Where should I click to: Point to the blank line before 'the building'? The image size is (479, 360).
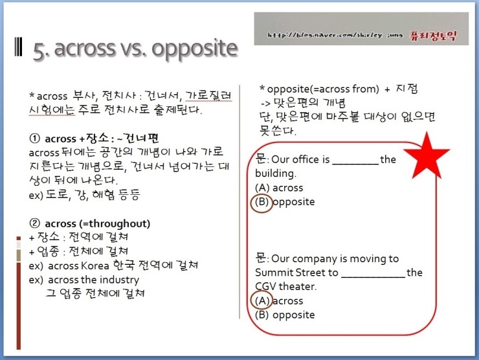tap(355, 160)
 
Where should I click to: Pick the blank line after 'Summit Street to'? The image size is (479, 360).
tap(373, 273)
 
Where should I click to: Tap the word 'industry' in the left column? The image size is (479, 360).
tap(118, 280)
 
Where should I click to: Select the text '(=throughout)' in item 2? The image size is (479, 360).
tap(117, 223)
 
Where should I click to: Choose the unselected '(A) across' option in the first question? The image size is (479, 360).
tap(279, 188)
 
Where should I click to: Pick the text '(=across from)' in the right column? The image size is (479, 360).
tap(336, 89)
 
